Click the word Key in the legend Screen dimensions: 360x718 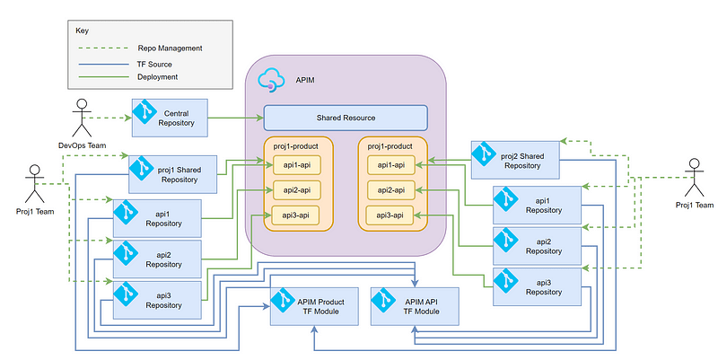click(82, 30)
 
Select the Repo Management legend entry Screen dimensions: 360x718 click(170, 48)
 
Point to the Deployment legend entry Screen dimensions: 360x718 click(158, 77)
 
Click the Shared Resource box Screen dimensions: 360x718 click(346, 119)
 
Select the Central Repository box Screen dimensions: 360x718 click(170, 118)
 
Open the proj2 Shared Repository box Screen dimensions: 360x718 click(515, 159)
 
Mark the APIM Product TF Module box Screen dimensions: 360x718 click(313, 305)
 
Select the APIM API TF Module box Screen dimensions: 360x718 click(415, 305)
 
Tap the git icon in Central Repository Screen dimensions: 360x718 click(145, 112)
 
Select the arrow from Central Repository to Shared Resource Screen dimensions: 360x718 click(235, 118)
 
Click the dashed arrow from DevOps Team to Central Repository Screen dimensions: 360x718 click(111, 118)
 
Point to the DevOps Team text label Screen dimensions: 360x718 click(82, 145)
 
